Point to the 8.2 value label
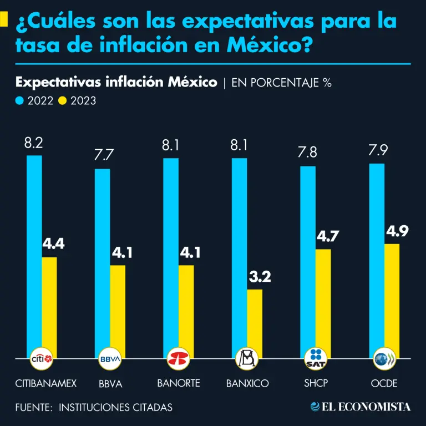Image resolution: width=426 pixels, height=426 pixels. coord(34,144)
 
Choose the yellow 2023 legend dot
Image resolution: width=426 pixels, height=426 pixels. coord(63,101)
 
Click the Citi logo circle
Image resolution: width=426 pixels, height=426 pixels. coord(42,359)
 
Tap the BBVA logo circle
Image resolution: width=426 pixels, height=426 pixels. coord(110,359)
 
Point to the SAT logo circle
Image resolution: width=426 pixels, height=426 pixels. coord(316,359)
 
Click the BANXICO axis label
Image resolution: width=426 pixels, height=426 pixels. coord(247,383)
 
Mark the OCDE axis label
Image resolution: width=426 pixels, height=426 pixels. coord(384,383)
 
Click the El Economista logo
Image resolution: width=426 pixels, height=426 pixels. coord(361,407)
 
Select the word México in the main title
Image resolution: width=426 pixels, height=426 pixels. coord(266,44)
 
